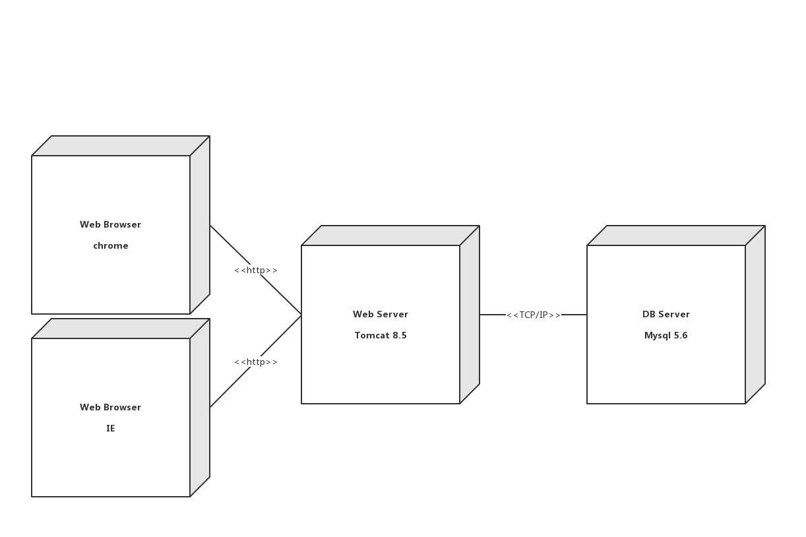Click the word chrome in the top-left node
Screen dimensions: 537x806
coord(110,245)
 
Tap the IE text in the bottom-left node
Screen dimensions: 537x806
coord(110,428)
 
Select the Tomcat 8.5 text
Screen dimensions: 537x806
coord(381,335)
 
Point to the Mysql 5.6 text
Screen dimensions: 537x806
coord(666,335)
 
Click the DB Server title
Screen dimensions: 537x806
coord(666,314)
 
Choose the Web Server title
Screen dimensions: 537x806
coord(381,314)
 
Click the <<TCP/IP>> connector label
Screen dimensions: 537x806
coord(533,315)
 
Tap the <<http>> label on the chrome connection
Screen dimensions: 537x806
coord(256,270)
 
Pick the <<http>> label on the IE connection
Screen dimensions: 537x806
coord(256,362)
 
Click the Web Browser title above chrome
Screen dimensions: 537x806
coord(110,224)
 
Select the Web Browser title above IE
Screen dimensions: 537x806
coord(110,407)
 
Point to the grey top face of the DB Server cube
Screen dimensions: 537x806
coord(675,236)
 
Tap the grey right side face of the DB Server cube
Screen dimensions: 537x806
coord(755,315)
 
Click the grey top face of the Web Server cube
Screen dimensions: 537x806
coord(390,236)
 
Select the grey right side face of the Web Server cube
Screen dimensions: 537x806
coord(470,315)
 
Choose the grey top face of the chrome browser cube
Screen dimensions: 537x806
coord(120,146)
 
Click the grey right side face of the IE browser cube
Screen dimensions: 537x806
coord(200,408)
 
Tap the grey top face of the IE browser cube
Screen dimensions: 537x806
coord(120,329)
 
